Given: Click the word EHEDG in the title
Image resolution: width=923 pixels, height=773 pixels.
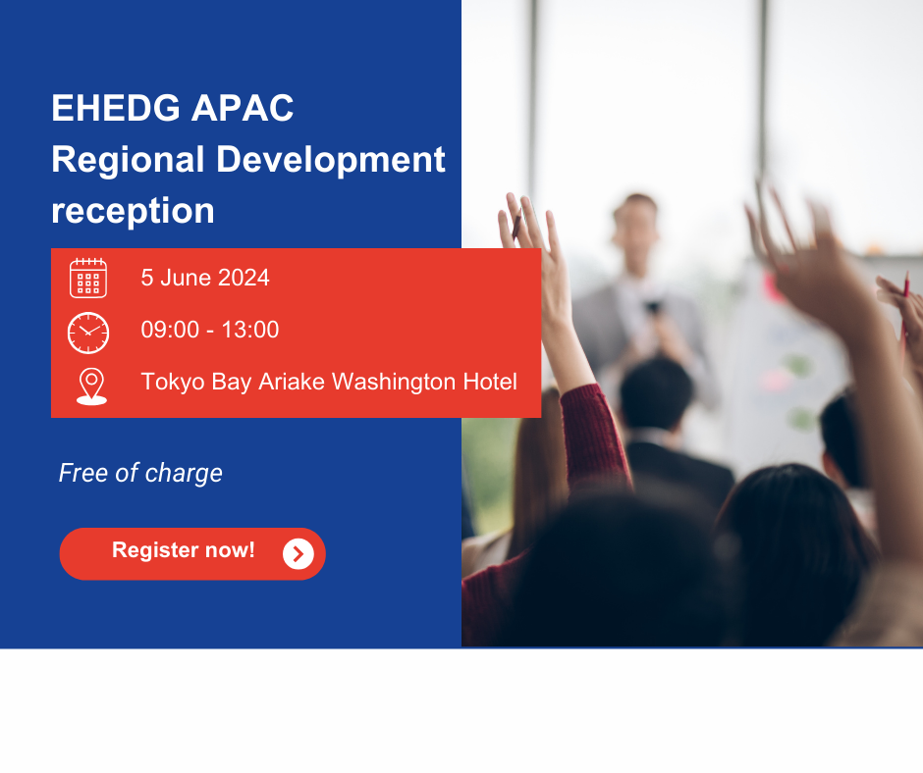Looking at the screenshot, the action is tap(116, 108).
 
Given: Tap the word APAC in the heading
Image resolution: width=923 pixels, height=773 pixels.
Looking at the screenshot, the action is tap(243, 108).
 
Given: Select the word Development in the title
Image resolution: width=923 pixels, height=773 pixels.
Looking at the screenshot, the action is tap(331, 160).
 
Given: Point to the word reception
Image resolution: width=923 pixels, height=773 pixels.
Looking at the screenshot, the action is tap(133, 211).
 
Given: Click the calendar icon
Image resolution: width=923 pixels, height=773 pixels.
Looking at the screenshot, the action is tap(88, 278).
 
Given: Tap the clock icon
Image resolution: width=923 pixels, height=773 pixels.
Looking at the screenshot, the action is tap(88, 333).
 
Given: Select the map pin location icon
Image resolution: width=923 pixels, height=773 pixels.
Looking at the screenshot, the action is tap(92, 386).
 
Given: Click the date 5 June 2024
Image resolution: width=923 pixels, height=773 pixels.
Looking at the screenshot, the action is tap(205, 278).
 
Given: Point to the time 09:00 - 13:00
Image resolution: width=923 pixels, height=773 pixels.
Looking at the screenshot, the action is tap(210, 330).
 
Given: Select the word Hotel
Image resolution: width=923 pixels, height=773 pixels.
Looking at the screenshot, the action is tap(490, 382).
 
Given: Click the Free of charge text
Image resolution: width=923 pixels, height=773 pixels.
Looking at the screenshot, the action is tap(140, 474).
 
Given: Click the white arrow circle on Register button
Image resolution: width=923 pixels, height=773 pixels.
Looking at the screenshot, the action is tap(299, 554).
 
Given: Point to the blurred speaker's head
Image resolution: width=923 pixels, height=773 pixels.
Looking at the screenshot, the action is tap(635, 221).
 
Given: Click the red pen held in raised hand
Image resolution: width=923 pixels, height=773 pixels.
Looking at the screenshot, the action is tap(516, 224).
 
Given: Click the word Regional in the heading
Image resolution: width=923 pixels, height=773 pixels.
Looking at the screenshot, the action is tap(128, 161).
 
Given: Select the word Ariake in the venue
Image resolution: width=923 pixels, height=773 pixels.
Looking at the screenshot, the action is tap(292, 382).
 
